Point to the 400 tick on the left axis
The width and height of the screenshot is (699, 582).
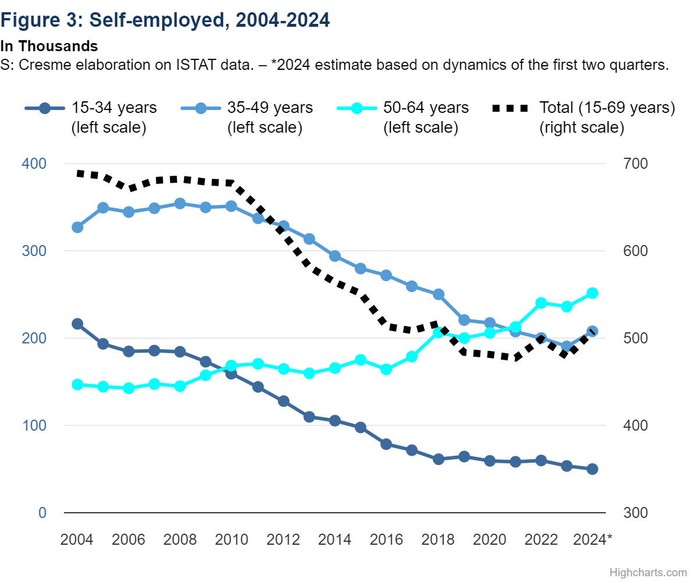(x=34, y=164)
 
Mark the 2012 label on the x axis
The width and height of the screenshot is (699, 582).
(x=284, y=540)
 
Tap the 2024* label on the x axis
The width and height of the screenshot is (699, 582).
(x=593, y=540)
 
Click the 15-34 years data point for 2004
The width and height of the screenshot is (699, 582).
(x=77, y=324)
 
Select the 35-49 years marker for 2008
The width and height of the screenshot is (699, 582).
(x=180, y=203)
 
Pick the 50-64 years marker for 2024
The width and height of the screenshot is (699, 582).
(x=592, y=293)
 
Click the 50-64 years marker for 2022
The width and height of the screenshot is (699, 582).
(x=541, y=303)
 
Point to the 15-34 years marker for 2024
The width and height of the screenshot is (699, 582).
(x=592, y=469)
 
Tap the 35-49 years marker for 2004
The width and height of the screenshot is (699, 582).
(x=77, y=227)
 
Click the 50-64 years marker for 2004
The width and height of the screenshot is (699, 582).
(x=77, y=385)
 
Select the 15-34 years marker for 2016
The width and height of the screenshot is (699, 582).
(x=386, y=444)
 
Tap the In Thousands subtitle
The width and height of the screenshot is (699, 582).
(x=49, y=46)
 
